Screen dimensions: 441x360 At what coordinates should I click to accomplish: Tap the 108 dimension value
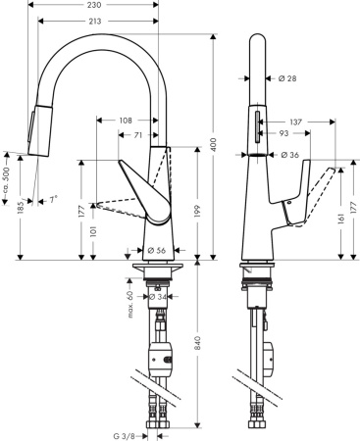(x=126, y=121)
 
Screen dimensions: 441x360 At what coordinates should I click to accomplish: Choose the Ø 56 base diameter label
(x=157, y=250)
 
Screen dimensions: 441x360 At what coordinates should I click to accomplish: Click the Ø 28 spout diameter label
(x=289, y=77)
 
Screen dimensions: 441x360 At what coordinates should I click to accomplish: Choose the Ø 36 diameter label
(x=289, y=155)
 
